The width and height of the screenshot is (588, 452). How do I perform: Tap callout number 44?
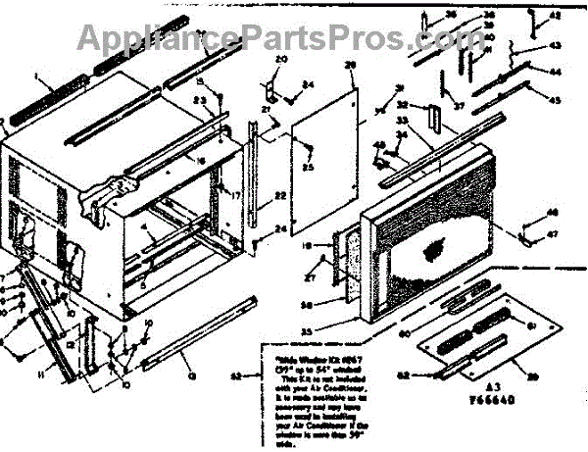click(555, 72)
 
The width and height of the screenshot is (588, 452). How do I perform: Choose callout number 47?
click(553, 235)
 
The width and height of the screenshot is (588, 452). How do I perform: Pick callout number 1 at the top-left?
click(35, 75)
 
